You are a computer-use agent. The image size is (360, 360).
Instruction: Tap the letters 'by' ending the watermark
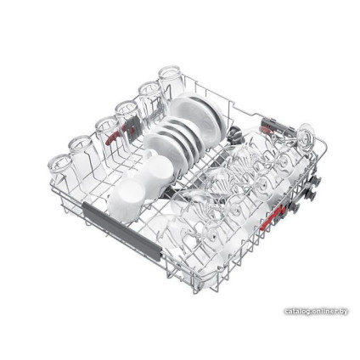pyautogui.click(x=343, y=312)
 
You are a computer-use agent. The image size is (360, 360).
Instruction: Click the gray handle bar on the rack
pyautogui.click(x=121, y=228)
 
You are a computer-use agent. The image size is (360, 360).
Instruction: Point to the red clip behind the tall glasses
pyautogui.click(x=112, y=139)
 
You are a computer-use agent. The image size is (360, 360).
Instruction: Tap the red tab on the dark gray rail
pyautogui.click(x=266, y=130)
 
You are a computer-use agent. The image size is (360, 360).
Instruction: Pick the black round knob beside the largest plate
pyautogui.click(x=235, y=135)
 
